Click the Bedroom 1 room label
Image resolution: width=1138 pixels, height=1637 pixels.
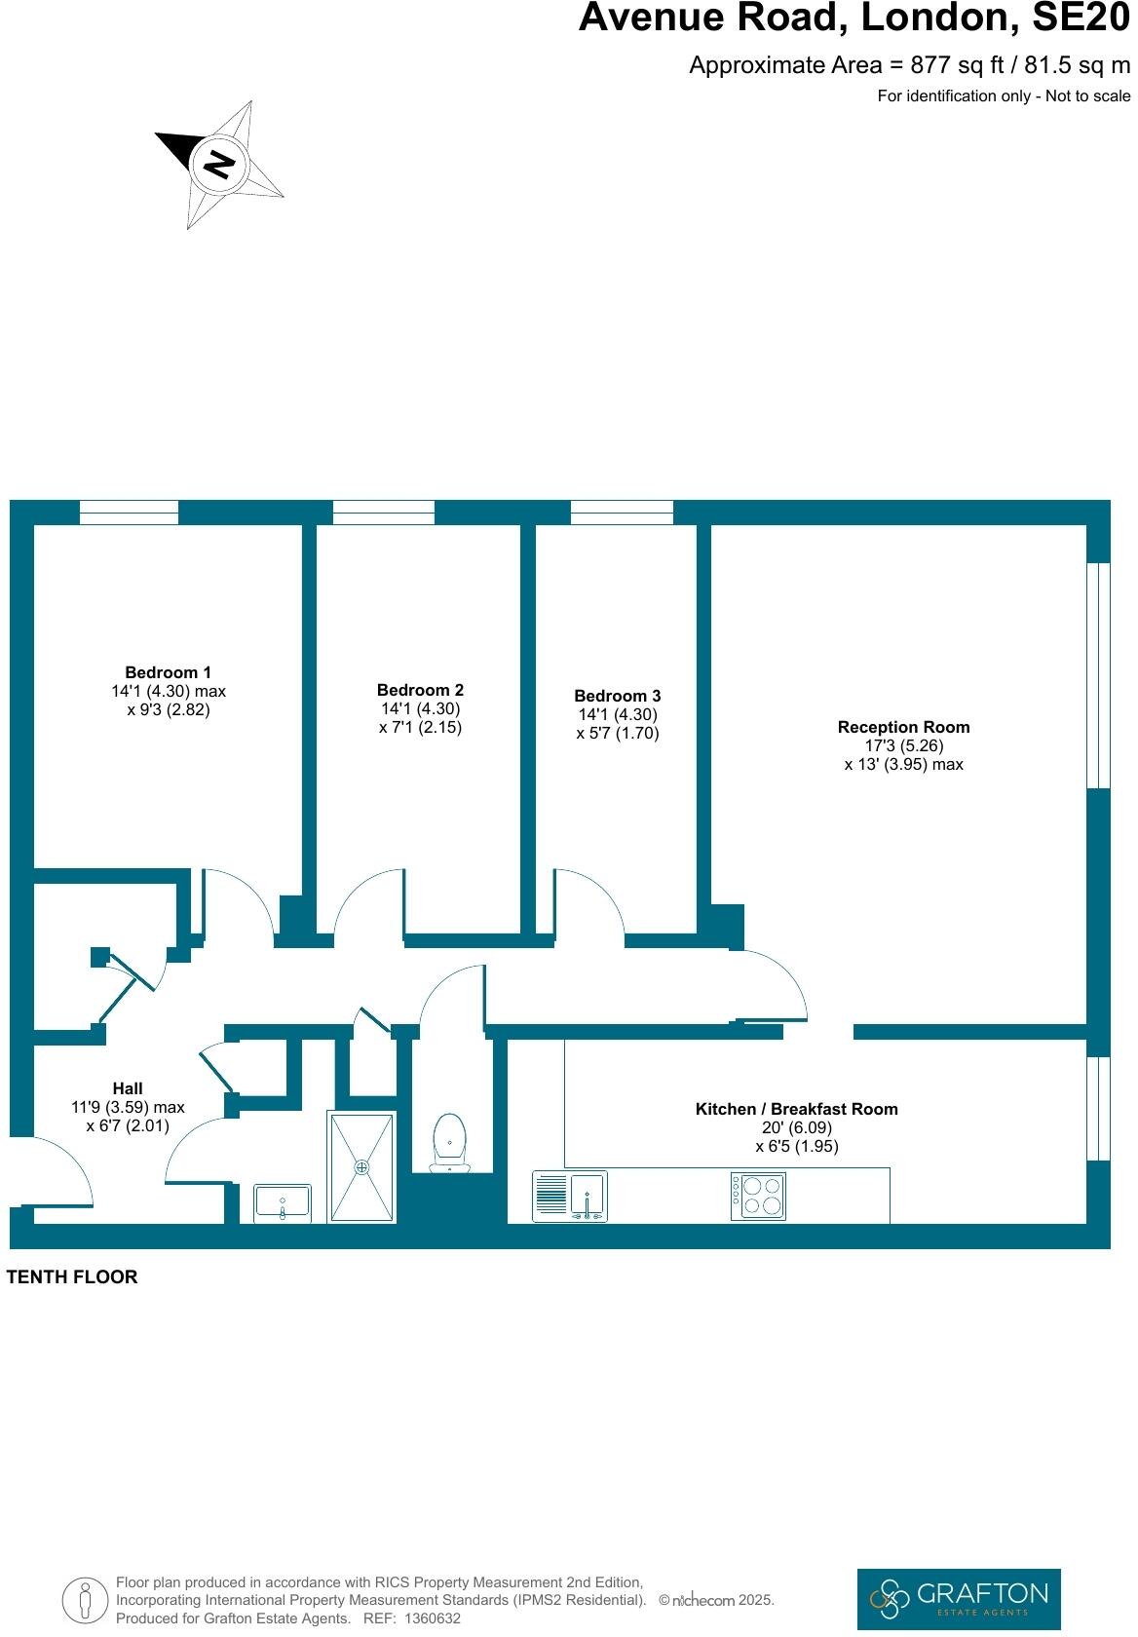coord(168,672)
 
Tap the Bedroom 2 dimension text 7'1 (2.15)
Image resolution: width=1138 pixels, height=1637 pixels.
coord(420,728)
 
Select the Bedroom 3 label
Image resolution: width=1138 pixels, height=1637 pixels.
coord(617,696)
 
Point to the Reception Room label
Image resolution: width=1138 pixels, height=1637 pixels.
coord(903,727)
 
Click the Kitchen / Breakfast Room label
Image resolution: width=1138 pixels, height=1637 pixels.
coord(796,1109)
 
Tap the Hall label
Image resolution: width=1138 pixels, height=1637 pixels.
coord(128,1088)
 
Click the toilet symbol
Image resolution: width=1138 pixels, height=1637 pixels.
coord(449,1142)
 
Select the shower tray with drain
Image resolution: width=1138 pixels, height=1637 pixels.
coord(362,1166)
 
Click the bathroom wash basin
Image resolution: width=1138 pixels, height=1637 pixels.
coord(282,1202)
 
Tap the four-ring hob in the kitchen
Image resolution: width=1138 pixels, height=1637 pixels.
coord(758,1196)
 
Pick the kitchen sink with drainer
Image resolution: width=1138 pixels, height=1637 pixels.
coord(570,1196)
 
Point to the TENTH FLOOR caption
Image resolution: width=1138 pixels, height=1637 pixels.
coord(72,1276)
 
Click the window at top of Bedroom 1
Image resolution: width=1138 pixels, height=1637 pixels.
coord(129,512)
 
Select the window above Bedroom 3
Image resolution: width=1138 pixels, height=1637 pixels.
coord(622,512)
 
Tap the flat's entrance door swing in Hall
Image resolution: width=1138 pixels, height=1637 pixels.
coord(58,1169)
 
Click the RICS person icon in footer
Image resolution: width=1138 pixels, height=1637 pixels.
coord(86,1599)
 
